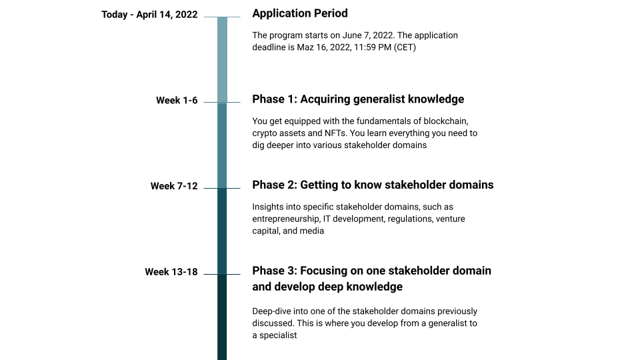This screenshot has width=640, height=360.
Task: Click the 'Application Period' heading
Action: coord(300,13)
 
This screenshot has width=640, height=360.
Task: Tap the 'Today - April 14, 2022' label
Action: coord(149,15)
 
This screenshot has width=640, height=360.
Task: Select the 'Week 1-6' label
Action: coord(177,101)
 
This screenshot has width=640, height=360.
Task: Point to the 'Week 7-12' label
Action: coord(174,186)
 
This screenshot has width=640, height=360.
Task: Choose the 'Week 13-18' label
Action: coord(171,272)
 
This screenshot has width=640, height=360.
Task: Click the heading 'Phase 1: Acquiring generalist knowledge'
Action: coord(358,99)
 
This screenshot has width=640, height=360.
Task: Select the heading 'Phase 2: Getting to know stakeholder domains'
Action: coord(373,185)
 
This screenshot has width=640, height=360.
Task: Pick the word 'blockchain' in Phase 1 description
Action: coord(448,121)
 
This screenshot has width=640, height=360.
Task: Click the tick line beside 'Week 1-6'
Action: coord(211,103)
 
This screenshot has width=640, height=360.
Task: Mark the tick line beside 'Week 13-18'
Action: coord(211,274)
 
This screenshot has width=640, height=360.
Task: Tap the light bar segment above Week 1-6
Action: coord(222,60)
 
